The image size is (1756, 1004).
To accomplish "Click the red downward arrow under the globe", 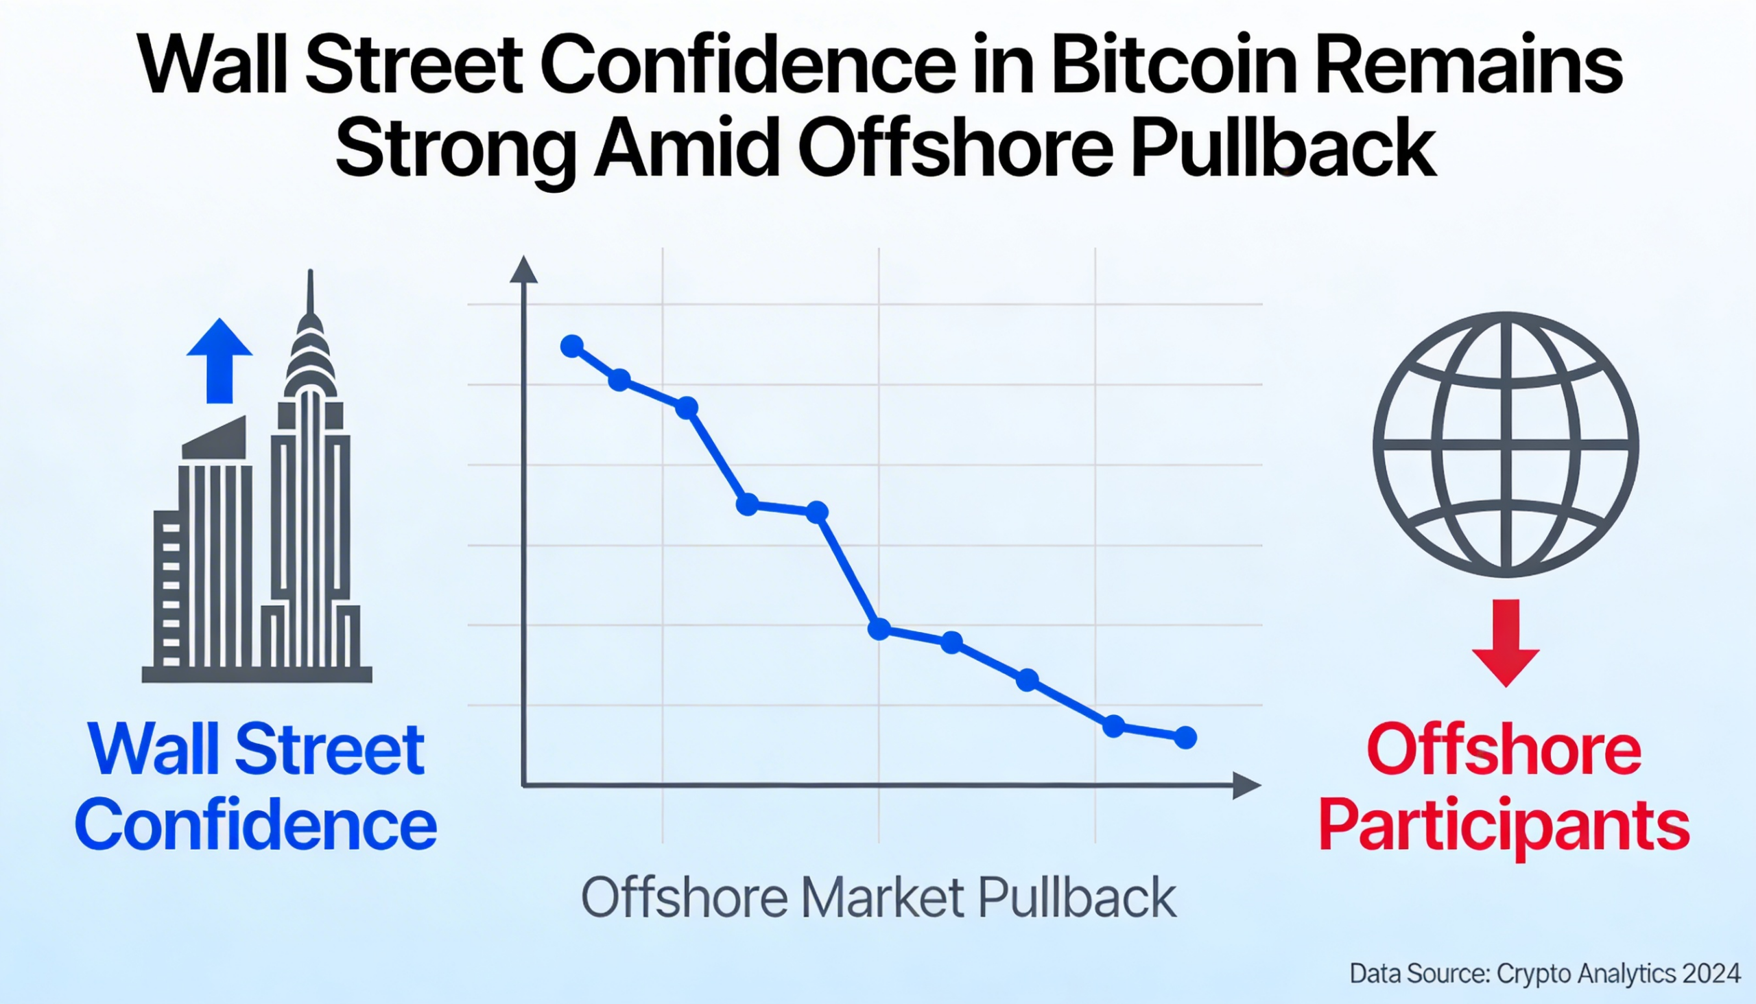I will pos(1506,642).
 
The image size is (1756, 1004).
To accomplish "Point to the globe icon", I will pos(1506,445).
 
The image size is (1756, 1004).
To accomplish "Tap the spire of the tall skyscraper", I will pos(310,293).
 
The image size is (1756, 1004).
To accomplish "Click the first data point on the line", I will pos(572,345).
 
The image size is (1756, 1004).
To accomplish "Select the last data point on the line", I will pos(1185,737).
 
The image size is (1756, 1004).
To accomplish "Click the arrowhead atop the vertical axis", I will pos(523,270).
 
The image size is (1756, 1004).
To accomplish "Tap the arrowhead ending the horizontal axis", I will pos(1246,785).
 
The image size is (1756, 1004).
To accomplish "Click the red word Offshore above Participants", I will pos(1504,749).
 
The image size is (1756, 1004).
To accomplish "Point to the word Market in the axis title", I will pos(882,897).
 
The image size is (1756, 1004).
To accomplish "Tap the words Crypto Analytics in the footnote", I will pos(1586,974).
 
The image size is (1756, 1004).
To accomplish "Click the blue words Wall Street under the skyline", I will pos(256,749).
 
